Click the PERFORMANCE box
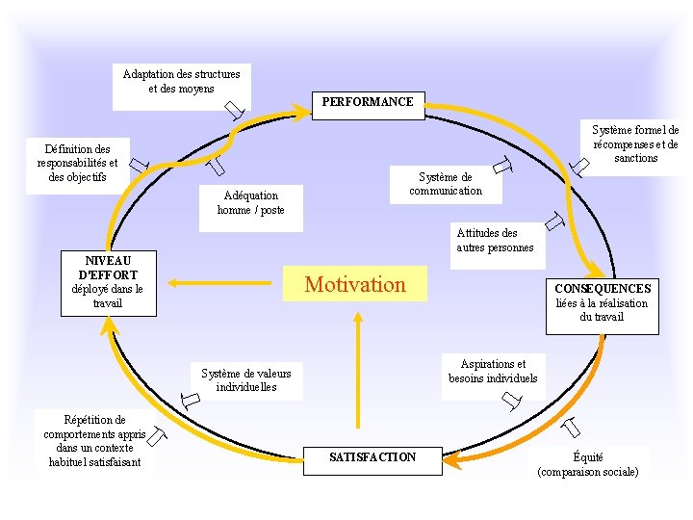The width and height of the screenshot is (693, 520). (368, 102)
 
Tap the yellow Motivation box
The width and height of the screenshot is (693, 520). (355, 284)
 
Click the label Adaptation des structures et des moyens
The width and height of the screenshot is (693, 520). (181, 82)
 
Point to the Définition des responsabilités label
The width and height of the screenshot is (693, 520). (77, 164)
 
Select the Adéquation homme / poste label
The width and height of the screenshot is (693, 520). (250, 203)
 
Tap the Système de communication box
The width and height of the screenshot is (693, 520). (446, 184)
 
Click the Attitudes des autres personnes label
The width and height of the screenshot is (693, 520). (494, 241)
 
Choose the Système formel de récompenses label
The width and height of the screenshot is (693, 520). (635, 144)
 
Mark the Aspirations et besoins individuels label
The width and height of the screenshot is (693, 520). (493, 372)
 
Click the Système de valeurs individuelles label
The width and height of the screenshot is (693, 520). (246, 380)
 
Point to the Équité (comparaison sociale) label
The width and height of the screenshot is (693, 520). (588, 465)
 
